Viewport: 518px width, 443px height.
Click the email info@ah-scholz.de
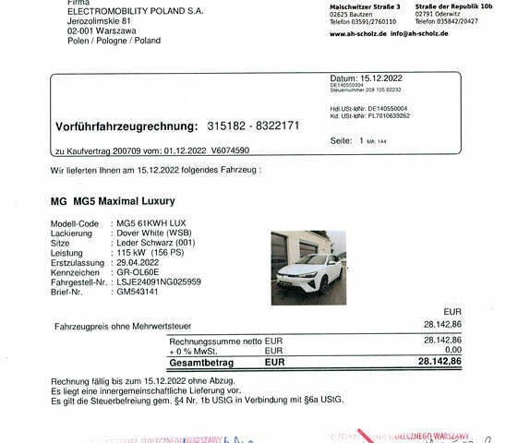419,33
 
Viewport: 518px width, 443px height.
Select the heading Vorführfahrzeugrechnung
126,126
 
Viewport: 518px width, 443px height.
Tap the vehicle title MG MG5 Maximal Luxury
112,200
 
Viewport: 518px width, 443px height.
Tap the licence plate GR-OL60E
137,272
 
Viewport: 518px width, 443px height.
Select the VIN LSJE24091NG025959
157,281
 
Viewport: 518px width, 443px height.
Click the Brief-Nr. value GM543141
136,292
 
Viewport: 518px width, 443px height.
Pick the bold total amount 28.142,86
439,362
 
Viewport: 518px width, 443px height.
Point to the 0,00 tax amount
451,351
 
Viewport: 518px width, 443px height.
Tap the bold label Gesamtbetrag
201,363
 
